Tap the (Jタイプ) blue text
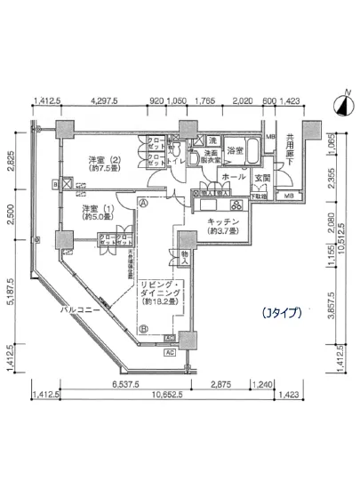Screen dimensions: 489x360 (282, 313)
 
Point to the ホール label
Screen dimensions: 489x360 (234, 178)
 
